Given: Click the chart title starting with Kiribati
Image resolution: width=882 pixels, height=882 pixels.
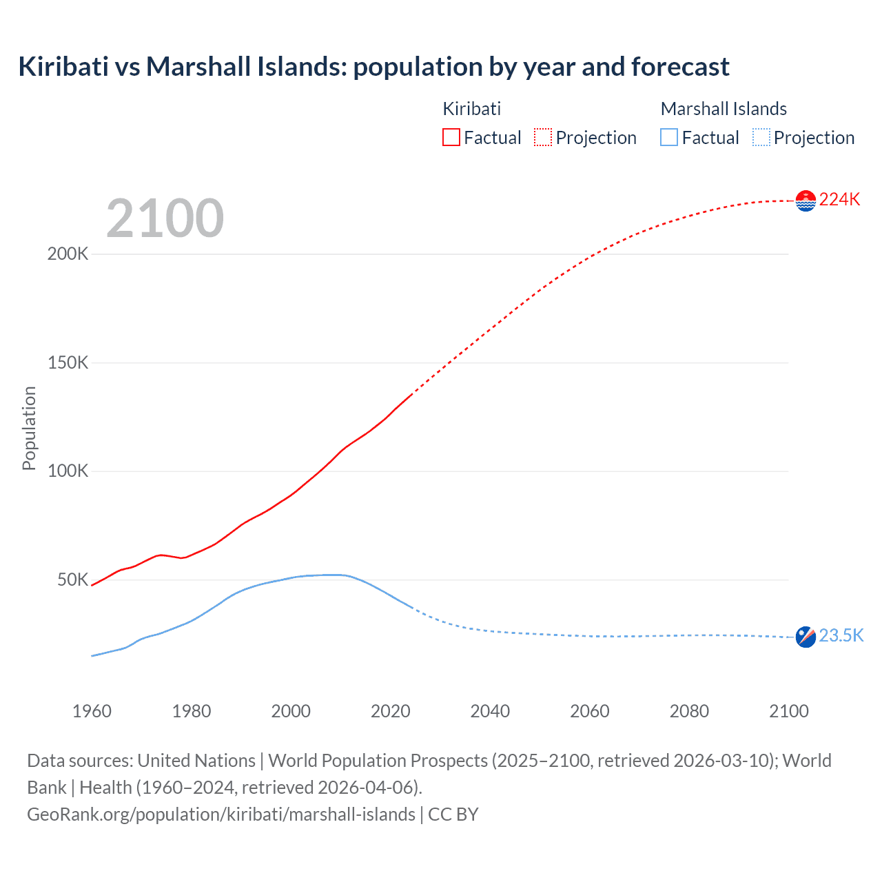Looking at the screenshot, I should [x=373, y=67].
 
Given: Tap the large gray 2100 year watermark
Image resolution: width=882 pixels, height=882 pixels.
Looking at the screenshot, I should [x=165, y=218].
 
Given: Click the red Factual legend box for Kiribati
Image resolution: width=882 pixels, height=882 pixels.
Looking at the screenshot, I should [x=451, y=137].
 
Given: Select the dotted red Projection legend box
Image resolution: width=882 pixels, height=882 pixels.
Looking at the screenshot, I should [x=543, y=137].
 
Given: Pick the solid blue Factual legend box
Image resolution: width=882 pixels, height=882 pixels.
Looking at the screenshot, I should [x=669, y=137].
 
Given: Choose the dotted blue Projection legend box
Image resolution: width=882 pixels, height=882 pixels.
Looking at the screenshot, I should [x=761, y=137].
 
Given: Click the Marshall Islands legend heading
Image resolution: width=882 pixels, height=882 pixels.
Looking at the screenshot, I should [x=724, y=109].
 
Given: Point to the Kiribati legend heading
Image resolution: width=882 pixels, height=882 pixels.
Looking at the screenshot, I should [x=471, y=109].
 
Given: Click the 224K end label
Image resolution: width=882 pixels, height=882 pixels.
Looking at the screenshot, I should [x=839, y=200].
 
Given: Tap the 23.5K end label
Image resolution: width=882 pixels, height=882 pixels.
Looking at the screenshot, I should [x=841, y=635].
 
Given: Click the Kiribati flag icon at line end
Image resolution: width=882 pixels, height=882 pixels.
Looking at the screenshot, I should [x=806, y=201].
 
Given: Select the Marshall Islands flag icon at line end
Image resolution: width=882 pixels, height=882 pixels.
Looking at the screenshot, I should [x=806, y=637].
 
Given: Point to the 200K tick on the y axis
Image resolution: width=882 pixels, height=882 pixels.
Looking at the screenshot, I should [x=68, y=254].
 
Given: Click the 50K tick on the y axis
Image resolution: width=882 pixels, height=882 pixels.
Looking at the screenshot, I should [x=72, y=580].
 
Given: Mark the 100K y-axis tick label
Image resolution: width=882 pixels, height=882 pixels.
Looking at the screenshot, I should [x=68, y=471].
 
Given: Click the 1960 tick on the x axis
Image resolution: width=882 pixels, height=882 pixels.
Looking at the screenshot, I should [x=92, y=711].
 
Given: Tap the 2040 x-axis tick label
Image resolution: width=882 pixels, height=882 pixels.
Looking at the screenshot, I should [x=490, y=711].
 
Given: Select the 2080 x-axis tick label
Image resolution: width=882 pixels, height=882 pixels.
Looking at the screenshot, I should [x=689, y=711].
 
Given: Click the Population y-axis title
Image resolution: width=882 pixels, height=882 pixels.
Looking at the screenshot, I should [x=29, y=428].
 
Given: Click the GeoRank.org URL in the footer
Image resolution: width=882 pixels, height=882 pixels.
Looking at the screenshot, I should [x=221, y=814].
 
